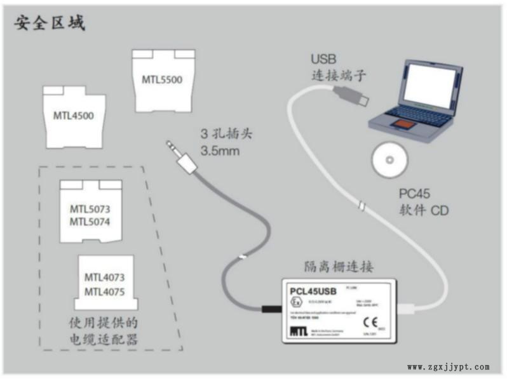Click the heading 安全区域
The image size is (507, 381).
pyautogui.click(x=50, y=23)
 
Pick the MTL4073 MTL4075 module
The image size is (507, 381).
pyautogui.click(x=104, y=284)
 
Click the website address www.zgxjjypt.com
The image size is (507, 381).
pyautogui.click(x=448, y=367)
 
